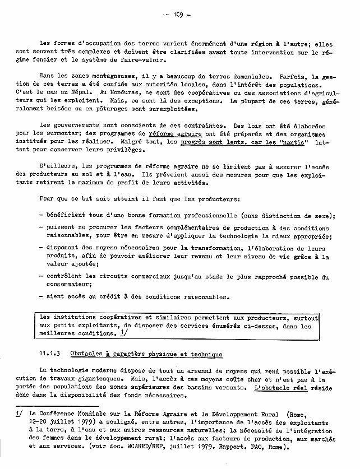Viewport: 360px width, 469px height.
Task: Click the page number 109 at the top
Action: coord(180,15)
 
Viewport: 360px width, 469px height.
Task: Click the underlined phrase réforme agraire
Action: coord(172,134)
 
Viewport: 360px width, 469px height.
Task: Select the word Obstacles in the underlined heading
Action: coord(92,354)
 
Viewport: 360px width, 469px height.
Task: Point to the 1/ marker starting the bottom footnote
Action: coord(19,415)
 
